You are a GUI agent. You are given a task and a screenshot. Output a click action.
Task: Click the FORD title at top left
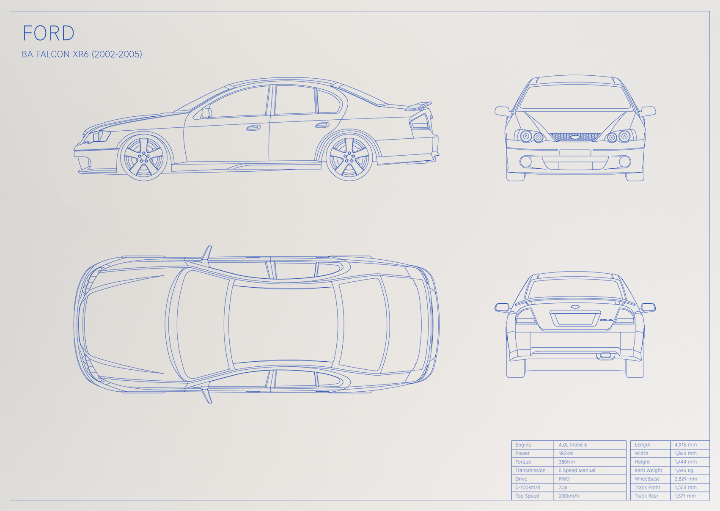[49, 33]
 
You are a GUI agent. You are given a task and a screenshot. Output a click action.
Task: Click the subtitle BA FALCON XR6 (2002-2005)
[82, 54]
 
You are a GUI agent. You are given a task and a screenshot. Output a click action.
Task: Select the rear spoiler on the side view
[418, 106]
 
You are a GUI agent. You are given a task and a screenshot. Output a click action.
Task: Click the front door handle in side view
[253, 128]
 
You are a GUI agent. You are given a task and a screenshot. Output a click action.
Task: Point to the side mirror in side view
[207, 113]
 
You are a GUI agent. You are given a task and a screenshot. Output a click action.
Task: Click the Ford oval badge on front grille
[575, 137]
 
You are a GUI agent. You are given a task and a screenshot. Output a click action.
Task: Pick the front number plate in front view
[575, 153]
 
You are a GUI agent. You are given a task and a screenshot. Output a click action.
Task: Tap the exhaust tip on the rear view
[606, 355]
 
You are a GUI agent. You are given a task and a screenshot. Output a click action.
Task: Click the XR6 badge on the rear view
[606, 320]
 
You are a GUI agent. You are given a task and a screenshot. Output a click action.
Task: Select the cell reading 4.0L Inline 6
[573, 445]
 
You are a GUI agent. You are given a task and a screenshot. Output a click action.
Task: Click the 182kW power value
[566, 453]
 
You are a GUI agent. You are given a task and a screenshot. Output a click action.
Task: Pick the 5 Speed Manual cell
[577, 470]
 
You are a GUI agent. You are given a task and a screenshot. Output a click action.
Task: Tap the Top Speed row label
[527, 496]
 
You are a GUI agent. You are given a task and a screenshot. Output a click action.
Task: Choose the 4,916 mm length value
[686, 445]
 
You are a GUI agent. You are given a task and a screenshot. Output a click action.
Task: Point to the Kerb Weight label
[649, 470]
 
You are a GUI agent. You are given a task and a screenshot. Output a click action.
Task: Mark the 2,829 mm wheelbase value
[686, 479]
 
